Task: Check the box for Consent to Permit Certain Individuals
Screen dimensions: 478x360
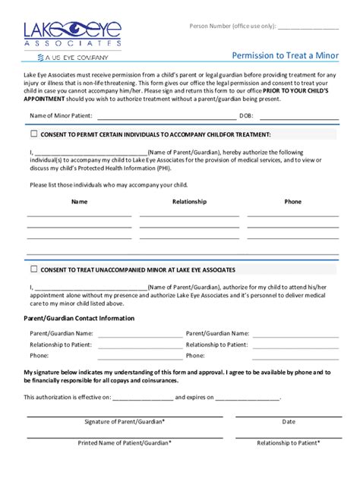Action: point(33,134)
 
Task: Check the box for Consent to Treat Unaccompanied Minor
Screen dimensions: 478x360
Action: point(33,269)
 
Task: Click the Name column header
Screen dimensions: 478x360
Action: point(79,202)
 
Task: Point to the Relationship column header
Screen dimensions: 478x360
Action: point(189,202)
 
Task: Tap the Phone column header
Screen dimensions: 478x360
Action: point(292,202)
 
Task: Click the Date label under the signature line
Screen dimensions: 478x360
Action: point(289,421)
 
